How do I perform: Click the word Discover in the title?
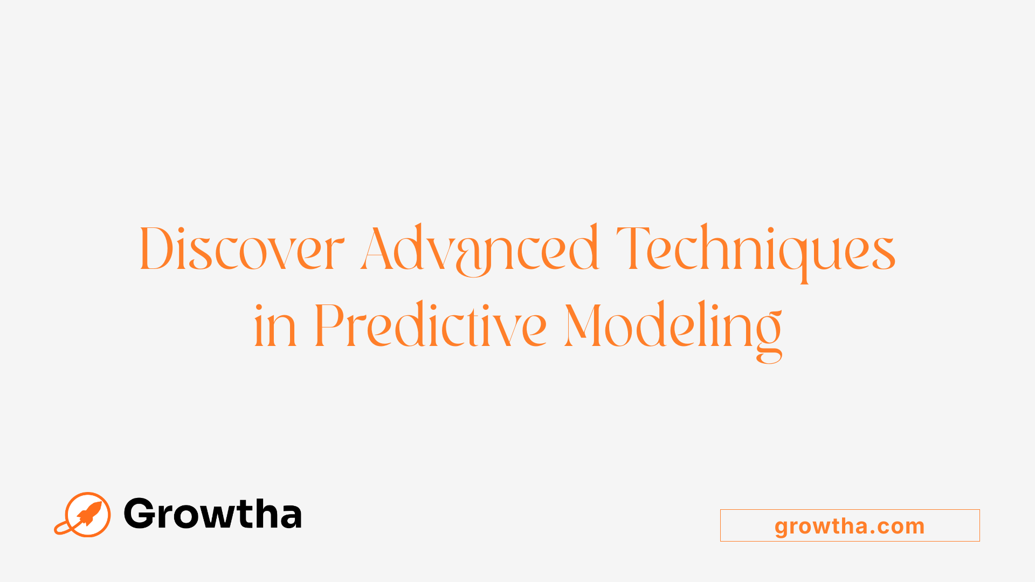point(241,249)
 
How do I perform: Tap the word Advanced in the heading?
point(479,249)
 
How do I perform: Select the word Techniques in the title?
point(755,249)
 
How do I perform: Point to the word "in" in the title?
point(275,327)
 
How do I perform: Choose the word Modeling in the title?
point(673,327)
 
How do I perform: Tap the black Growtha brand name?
point(212,514)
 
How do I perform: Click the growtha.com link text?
point(850,526)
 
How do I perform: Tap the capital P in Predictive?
point(329,325)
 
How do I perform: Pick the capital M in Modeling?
point(583,325)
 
